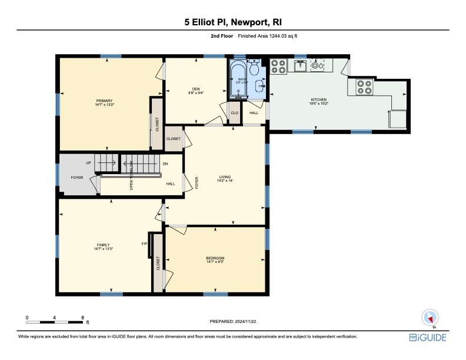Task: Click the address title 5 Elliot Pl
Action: click(232, 22)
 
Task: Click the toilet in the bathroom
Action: click(254, 69)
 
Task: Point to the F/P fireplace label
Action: click(144, 244)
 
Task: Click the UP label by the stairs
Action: click(89, 163)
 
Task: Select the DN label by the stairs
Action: click(165, 163)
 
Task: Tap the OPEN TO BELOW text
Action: click(132, 175)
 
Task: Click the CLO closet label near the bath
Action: click(234, 112)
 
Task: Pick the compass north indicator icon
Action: click(430, 318)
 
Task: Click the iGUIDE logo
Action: click(428, 338)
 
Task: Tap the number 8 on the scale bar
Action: click(83, 317)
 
